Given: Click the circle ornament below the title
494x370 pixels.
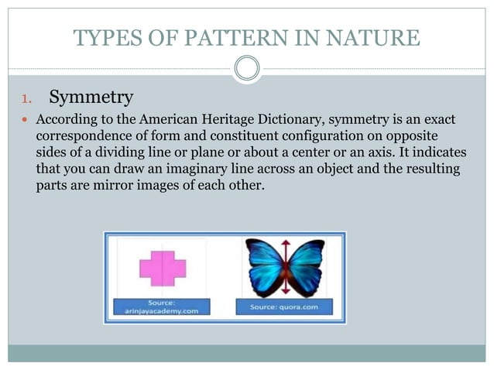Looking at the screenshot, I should (247, 70).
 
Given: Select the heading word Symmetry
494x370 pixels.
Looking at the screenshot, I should (91, 98).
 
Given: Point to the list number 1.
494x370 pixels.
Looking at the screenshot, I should (23, 99).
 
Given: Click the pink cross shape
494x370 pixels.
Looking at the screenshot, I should (163, 267).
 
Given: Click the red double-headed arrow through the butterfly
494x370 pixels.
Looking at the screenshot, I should (285, 267).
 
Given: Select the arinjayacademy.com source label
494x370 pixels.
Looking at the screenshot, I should (162, 307).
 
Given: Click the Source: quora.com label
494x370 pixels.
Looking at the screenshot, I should (285, 307).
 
